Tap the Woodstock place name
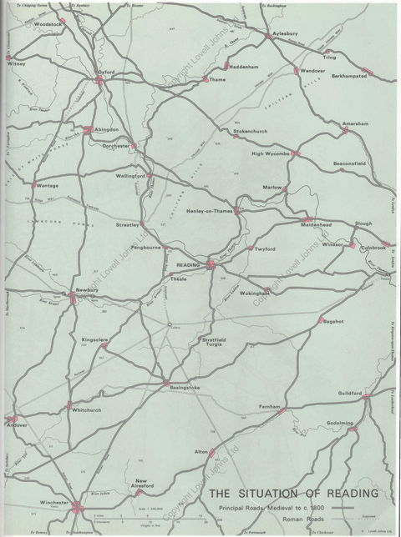[48, 25]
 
